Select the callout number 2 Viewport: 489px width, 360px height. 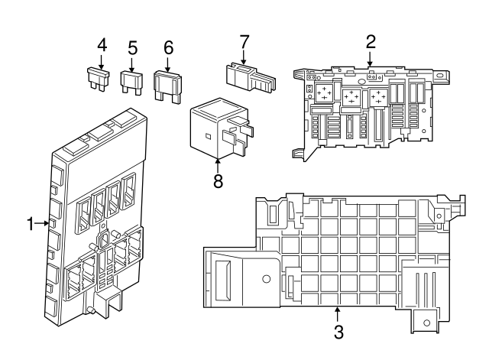tap(370, 41)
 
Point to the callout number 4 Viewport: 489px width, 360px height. tap(101, 47)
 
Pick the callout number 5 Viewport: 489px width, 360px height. tap(133, 48)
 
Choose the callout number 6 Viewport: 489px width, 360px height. tap(168, 47)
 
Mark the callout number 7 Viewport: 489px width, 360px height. tap(244, 40)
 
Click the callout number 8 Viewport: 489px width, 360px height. tap(218, 183)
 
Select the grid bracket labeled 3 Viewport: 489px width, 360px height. tap(336, 252)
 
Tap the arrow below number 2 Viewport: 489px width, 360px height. tap(370, 58)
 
